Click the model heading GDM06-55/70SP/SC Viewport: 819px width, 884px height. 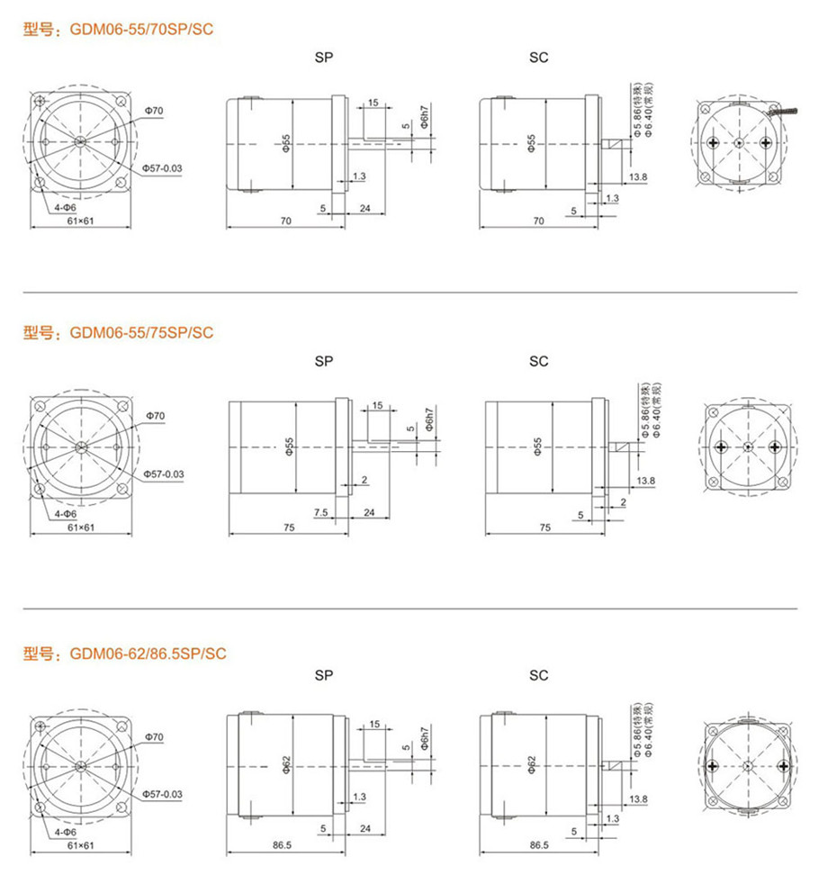[x=141, y=30]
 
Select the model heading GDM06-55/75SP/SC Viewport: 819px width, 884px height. [x=141, y=333]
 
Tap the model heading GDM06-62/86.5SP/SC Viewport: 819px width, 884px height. [x=148, y=654]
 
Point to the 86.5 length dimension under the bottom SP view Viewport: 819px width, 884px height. [x=282, y=844]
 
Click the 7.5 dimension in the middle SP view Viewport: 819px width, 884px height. [x=320, y=512]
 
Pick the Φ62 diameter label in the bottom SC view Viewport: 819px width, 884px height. [x=531, y=765]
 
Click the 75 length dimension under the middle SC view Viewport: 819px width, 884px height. [x=545, y=528]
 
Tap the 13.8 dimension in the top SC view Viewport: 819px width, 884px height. [x=638, y=177]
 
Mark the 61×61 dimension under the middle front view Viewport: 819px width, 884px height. [x=81, y=528]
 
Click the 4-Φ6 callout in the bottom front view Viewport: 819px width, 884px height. [x=66, y=832]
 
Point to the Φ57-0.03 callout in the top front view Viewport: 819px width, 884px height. [x=162, y=168]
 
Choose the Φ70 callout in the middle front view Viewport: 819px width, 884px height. [x=156, y=416]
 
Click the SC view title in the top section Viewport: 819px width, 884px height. [x=538, y=58]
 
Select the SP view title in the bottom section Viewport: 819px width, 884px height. [x=323, y=675]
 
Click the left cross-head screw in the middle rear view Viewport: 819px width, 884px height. [x=721, y=447]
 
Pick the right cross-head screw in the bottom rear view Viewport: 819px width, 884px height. [x=783, y=766]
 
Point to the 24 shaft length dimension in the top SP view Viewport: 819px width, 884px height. [x=365, y=209]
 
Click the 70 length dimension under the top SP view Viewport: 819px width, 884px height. [x=286, y=221]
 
